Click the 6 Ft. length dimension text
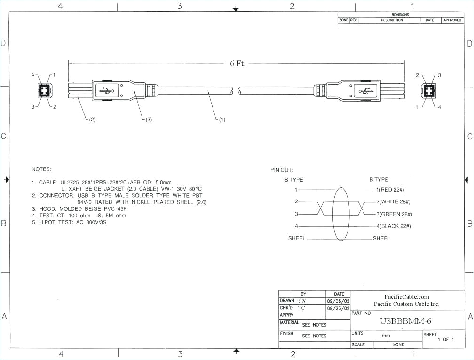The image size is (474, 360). (237, 64)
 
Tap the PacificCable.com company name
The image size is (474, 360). (407, 297)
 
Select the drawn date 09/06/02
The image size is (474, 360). (338, 301)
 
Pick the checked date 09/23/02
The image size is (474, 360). (338, 308)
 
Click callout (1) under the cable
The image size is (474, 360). (220, 120)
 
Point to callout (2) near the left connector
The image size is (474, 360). (91, 120)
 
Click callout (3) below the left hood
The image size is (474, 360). (147, 120)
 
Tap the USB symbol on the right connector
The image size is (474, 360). (365, 91)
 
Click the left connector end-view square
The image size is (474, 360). (43, 91)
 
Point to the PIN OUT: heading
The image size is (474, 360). (281, 170)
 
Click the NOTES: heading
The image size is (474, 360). (41, 169)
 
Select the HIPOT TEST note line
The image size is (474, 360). (68, 222)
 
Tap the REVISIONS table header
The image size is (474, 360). (400, 15)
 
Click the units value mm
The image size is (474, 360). (386, 336)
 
